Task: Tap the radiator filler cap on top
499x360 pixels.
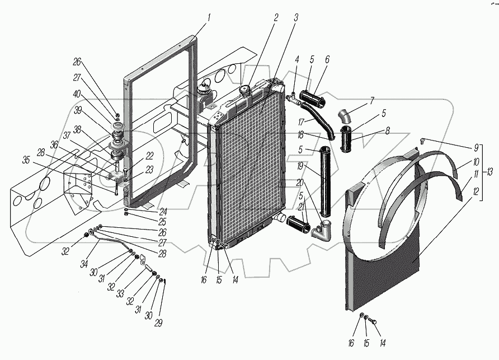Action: coord(245,90)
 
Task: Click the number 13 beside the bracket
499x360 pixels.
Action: coord(489,171)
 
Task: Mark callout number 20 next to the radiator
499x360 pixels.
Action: coord(300,183)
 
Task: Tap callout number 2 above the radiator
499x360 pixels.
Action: coord(276,17)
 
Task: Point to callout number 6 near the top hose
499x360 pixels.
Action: coord(327,60)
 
